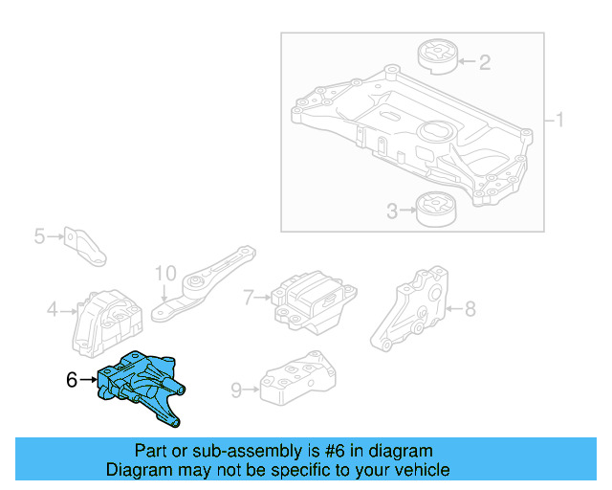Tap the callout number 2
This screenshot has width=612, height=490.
[x=485, y=63]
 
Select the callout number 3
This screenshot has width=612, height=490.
[x=392, y=211]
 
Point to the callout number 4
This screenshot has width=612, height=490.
[x=52, y=309]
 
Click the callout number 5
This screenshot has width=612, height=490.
[x=39, y=234]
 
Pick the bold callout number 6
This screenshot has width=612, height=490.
[x=72, y=380]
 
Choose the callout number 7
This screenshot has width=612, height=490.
[x=248, y=298]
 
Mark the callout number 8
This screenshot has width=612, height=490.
[x=470, y=308]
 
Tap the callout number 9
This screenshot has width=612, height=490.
[x=236, y=389]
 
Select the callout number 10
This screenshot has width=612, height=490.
[x=165, y=273]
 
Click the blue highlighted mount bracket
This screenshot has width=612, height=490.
[x=142, y=388]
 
